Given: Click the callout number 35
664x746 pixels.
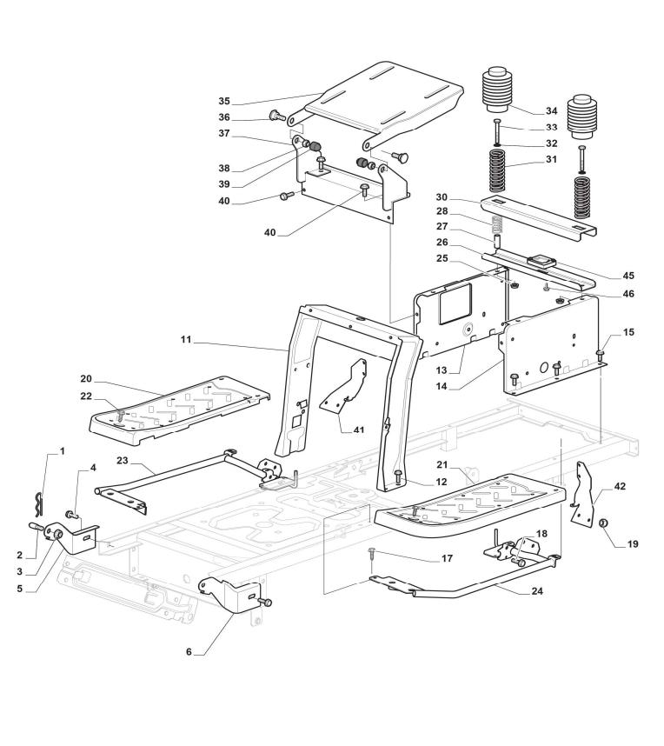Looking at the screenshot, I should [225, 101].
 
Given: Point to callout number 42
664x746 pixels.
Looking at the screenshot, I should [619, 486].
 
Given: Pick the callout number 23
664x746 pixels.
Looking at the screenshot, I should [123, 459].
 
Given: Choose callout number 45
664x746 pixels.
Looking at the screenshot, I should [628, 276].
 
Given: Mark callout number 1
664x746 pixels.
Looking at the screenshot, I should [62, 451].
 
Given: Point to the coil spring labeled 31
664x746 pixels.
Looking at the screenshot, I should [496, 170].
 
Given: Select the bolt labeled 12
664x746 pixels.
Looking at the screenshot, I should [397, 475].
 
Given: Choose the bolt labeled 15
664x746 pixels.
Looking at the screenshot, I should [601, 353].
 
